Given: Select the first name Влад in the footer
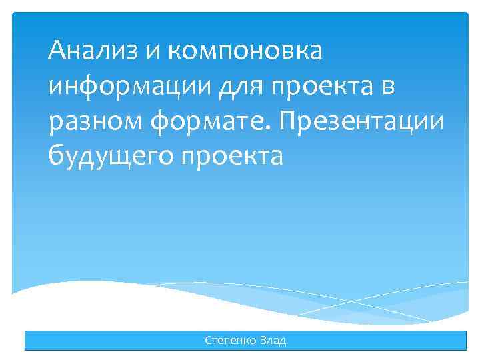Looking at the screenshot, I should pyautogui.click(x=273, y=341).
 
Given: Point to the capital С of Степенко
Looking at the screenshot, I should pyautogui.click(x=209, y=341).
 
